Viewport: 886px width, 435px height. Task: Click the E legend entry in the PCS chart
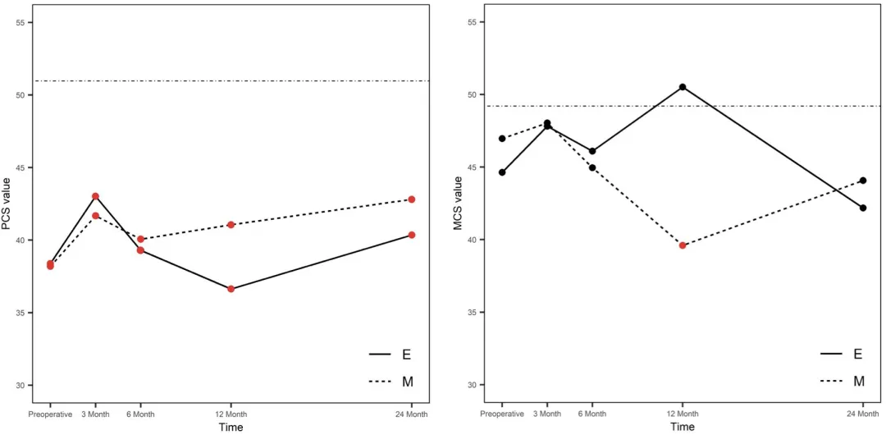[405, 355]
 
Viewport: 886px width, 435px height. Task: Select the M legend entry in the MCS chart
[858, 382]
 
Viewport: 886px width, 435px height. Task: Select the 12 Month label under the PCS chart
[231, 414]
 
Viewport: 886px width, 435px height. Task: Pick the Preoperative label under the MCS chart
[502, 414]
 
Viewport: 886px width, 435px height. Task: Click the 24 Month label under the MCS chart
[863, 414]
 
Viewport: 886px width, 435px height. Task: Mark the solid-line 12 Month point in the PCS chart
[231, 289]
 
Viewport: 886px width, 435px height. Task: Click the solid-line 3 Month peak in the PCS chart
[95, 196]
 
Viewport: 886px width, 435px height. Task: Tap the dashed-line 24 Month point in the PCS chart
[412, 199]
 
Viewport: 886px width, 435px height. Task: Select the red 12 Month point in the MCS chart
[683, 245]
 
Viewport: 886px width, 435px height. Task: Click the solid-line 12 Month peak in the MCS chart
[683, 87]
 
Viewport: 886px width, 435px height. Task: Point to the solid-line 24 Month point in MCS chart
[863, 208]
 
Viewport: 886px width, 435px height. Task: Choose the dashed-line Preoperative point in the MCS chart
[502, 139]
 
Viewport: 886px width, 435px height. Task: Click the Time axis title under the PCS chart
[231, 427]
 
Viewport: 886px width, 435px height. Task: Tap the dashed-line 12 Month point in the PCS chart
[231, 224]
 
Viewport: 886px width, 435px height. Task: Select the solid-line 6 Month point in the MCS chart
[592, 151]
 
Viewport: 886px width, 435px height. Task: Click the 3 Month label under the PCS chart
[95, 414]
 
